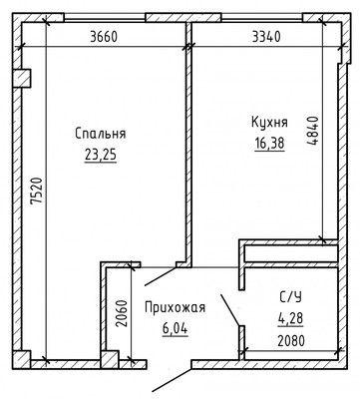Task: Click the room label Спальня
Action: click(x=101, y=134)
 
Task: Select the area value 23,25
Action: click(x=101, y=155)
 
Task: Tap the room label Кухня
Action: click(x=269, y=123)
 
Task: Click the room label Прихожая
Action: click(x=176, y=308)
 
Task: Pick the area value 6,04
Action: click(x=176, y=329)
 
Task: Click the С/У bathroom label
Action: click(x=290, y=297)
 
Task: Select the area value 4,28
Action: click(x=290, y=318)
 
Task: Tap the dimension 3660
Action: click(x=104, y=37)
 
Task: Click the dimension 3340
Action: click(x=266, y=37)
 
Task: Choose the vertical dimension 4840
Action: click(x=313, y=132)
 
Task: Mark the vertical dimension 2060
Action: click(x=122, y=314)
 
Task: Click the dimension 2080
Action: click(x=291, y=341)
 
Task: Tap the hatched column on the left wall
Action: click(x=22, y=78)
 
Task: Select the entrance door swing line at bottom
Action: click(x=172, y=380)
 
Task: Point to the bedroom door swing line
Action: click(x=161, y=276)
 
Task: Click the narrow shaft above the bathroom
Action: click(x=291, y=253)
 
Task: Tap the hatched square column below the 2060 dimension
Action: click(x=110, y=359)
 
